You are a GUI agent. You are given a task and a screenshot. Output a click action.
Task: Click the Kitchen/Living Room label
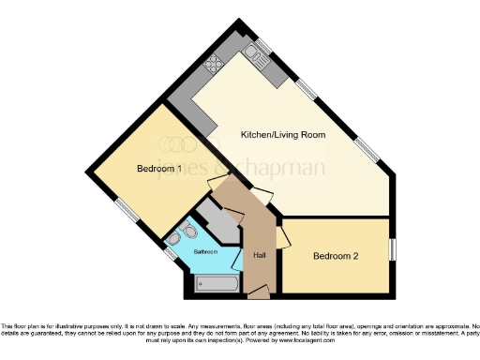pos(282,135)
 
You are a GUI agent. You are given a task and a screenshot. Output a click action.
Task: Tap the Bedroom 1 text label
pos(158,169)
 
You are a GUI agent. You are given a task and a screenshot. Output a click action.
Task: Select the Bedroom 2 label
pos(336,256)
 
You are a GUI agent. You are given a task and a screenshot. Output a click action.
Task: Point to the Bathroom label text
pos(205,252)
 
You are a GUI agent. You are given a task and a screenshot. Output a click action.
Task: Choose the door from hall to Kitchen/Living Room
pos(265,196)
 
